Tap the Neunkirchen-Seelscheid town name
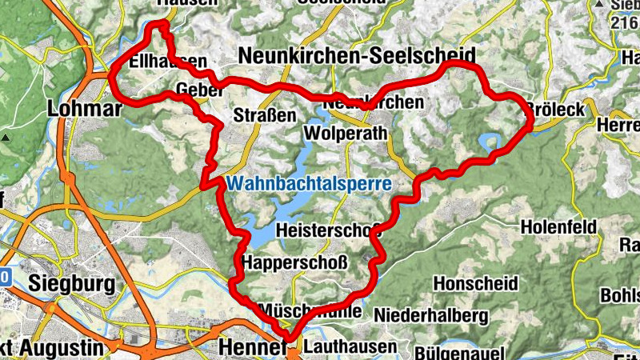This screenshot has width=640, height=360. point(356,55)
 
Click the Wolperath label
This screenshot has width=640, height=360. point(346,133)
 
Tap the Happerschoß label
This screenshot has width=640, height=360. point(294,262)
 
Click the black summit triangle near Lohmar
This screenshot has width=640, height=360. point(6,138)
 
